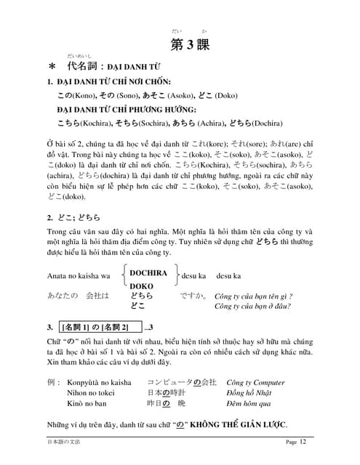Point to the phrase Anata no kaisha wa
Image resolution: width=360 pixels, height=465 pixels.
[79, 276]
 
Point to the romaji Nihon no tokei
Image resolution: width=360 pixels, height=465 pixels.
[90, 394]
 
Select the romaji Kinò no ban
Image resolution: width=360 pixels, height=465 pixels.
[87, 406]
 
